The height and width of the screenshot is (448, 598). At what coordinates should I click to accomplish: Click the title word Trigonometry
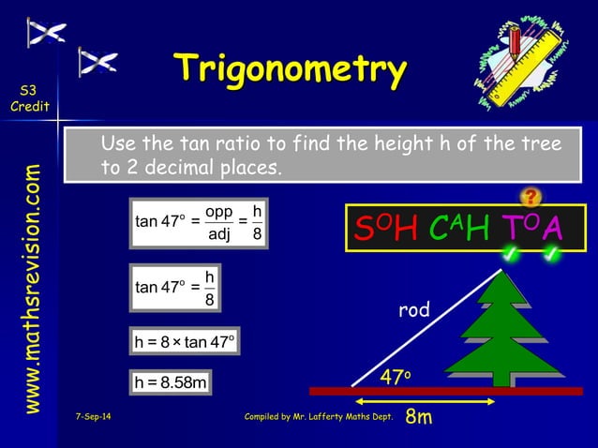click(x=292, y=69)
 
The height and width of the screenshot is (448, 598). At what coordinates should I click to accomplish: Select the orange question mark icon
click(x=531, y=196)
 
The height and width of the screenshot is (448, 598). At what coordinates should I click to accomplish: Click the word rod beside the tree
click(x=413, y=310)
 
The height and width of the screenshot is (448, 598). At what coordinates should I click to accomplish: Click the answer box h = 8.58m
click(x=170, y=382)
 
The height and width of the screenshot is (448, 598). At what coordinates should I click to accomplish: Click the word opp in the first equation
click(x=219, y=211)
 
